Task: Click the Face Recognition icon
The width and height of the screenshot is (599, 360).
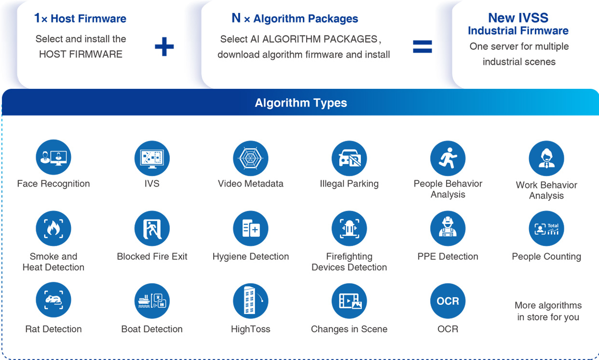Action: pos(54,158)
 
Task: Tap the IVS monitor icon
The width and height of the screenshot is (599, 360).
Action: pos(152,158)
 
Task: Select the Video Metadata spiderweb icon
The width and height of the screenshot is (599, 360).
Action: pos(250,158)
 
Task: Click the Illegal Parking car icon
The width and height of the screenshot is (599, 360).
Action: pos(349,158)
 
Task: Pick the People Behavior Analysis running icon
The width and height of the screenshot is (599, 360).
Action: pos(448,158)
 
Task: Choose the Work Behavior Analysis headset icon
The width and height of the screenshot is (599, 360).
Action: pos(546,159)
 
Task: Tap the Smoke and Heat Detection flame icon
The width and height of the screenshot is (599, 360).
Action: pos(54,228)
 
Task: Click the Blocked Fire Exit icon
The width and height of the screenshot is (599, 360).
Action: pos(152,228)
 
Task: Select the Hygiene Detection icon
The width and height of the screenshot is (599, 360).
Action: pos(250,228)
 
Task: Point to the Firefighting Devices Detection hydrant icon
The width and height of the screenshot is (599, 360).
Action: pos(349,228)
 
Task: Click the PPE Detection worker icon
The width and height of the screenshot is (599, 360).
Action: pos(448,228)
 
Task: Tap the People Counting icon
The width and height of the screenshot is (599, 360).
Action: pos(546,228)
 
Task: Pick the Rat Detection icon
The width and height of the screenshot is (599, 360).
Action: pos(54,300)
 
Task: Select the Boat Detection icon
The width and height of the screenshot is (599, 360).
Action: pos(152,301)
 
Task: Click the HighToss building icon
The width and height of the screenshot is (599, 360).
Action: pos(250,301)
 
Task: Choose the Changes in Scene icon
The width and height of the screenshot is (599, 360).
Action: pos(349,301)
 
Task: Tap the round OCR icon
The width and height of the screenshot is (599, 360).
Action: pos(448,301)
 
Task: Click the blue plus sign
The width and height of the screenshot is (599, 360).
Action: pos(164,46)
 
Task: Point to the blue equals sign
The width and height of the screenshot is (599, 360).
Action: pos(422,46)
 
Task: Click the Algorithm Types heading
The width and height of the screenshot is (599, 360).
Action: pos(300,103)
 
